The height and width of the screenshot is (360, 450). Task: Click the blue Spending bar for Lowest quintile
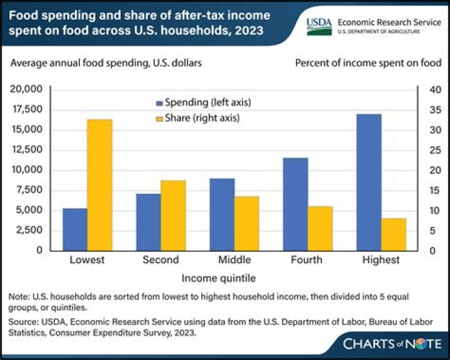[75, 229]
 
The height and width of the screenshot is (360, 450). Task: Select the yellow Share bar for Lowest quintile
[99, 184]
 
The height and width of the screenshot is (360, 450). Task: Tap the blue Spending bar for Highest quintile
[369, 182]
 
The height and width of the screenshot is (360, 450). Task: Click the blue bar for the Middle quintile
[222, 214]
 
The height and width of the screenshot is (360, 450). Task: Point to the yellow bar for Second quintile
[173, 215]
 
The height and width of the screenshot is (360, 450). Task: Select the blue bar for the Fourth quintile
[295, 204]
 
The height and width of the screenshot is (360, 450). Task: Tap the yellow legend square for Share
[159, 117]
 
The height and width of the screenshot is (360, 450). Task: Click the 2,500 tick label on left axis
[28, 230]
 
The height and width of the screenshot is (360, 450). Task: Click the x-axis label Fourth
[307, 259]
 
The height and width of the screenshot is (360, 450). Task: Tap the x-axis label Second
[161, 259]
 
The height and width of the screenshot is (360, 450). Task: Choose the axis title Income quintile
[219, 276]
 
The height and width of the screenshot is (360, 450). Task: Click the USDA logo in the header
[319, 24]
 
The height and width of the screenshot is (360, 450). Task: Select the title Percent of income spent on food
[368, 62]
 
